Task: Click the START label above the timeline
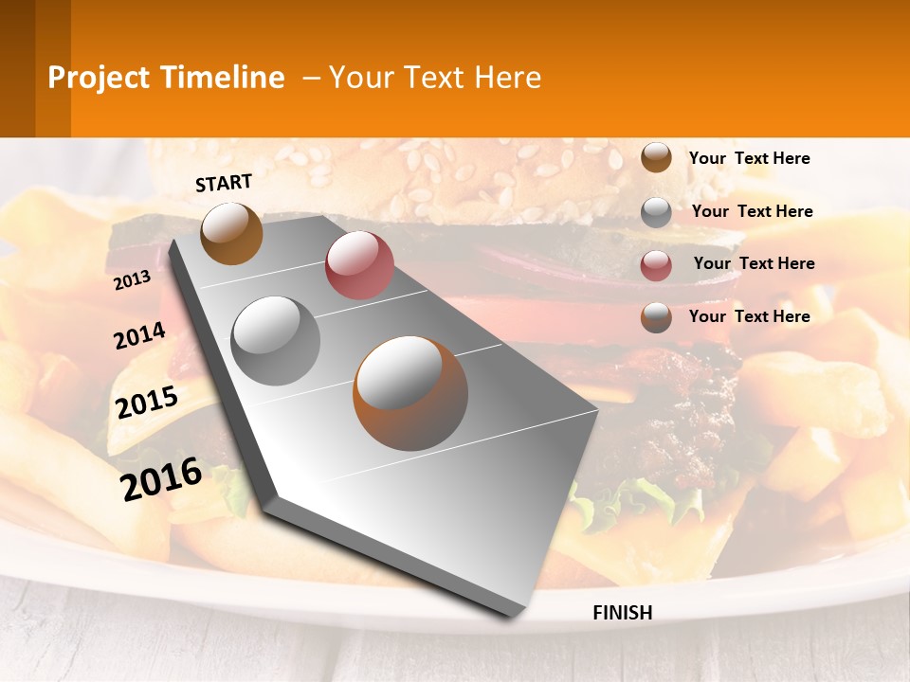coord(224,183)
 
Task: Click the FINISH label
coord(622,613)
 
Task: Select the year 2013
coord(133,279)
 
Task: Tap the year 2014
coord(139,335)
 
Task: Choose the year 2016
coord(161,478)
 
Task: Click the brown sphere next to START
coord(231,233)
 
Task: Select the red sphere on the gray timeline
coord(359,265)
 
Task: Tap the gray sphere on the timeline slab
coord(276,340)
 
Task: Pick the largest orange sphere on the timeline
coord(410,393)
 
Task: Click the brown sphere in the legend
coord(656,157)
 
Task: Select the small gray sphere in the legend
coord(656,212)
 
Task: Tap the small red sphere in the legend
coord(656,265)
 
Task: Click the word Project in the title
coord(100,78)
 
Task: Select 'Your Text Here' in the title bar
coord(435,78)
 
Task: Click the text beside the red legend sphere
coord(754,263)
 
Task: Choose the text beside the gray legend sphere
coord(752,211)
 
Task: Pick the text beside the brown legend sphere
coord(749,158)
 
